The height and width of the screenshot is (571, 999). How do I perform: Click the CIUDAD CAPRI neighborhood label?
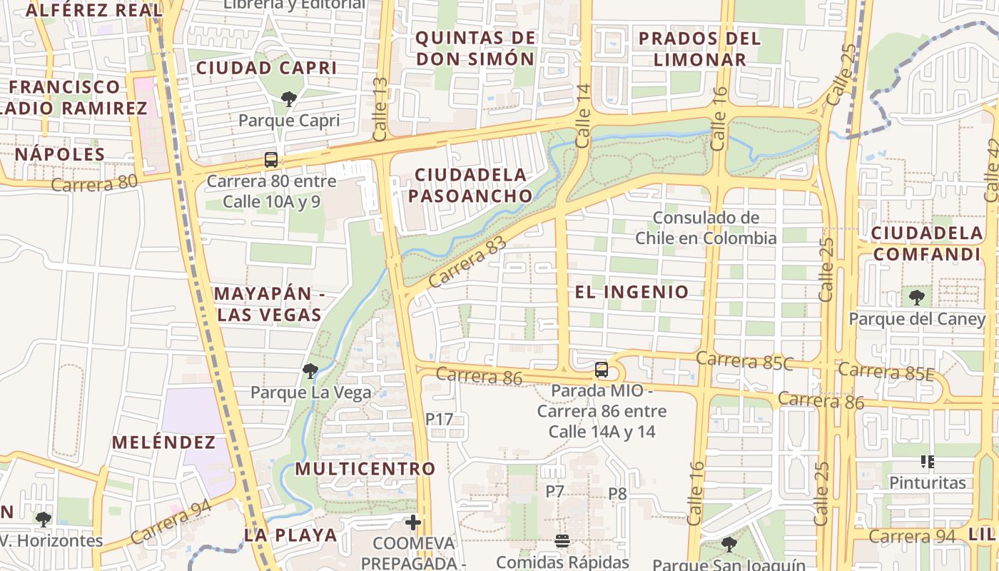[x=266, y=68]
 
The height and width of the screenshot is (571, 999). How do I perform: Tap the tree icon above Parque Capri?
[x=289, y=98]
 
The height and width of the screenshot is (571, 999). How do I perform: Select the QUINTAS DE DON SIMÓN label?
[x=475, y=48]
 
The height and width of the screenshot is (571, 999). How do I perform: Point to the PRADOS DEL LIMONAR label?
[x=699, y=49]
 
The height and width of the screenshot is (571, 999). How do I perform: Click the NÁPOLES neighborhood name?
[x=60, y=154]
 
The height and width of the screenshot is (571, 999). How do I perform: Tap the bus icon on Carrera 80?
[x=271, y=160]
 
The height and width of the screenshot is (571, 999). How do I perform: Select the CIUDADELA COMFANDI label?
[x=927, y=243]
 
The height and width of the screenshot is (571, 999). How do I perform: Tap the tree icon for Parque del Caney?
[x=917, y=297]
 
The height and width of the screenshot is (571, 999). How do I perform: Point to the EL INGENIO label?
[x=632, y=291]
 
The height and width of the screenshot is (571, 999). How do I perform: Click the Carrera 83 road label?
[x=467, y=262]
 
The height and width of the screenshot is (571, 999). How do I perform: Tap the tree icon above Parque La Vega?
[x=310, y=370]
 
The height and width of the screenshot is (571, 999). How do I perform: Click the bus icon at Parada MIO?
[x=602, y=370]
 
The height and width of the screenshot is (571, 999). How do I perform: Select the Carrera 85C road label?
[x=744, y=360]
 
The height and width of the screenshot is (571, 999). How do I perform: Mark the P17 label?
[x=439, y=419]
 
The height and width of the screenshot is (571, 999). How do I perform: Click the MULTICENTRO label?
[x=365, y=469]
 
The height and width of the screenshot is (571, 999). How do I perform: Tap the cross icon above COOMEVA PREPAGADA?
[x=413, y=522]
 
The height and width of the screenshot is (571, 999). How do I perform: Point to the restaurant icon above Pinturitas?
[x=928, y=462]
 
